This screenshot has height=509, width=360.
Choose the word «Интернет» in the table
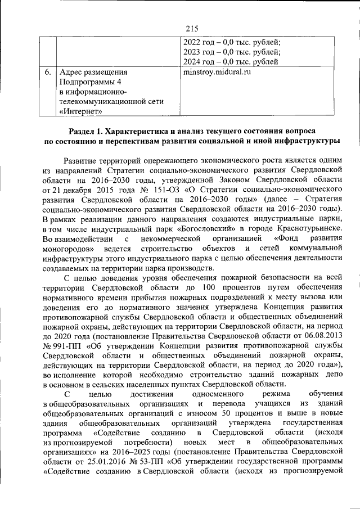(x=82, y=112)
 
